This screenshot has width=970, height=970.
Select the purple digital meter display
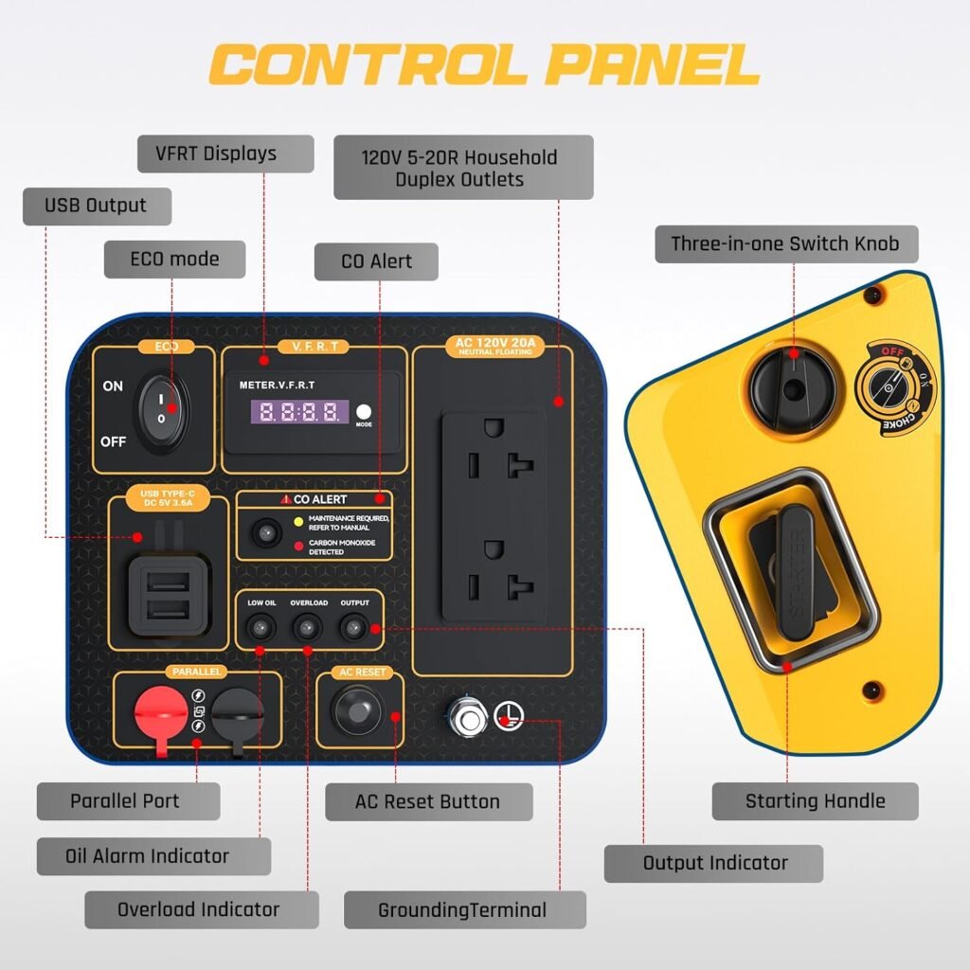298,412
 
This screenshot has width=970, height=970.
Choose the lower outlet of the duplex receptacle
494,566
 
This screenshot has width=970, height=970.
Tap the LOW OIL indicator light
261,626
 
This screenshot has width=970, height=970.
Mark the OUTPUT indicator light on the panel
354,626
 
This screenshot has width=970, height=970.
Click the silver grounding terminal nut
468,718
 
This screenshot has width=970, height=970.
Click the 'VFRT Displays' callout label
225,153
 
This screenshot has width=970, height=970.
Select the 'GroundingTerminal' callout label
464,910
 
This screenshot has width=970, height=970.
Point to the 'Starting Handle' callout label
815,801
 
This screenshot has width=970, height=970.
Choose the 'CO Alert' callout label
376,261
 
